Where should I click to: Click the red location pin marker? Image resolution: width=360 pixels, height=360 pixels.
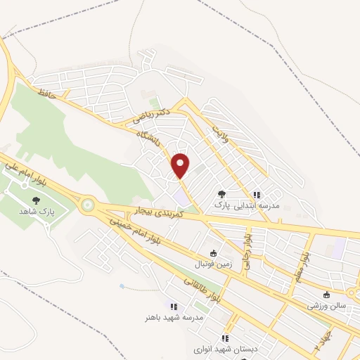click(181, 165)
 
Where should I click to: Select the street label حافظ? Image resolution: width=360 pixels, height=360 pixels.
click(46, 93)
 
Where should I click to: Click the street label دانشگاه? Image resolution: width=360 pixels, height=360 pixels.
click(149, 134)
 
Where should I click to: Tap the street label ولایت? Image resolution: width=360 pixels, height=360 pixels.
click(220, 128)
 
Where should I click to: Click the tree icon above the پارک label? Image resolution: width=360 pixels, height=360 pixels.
click(221, 193)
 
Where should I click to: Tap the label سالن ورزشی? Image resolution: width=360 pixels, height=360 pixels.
click(327, 306)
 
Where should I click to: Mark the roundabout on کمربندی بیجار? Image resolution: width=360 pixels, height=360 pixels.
click(87, 205)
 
